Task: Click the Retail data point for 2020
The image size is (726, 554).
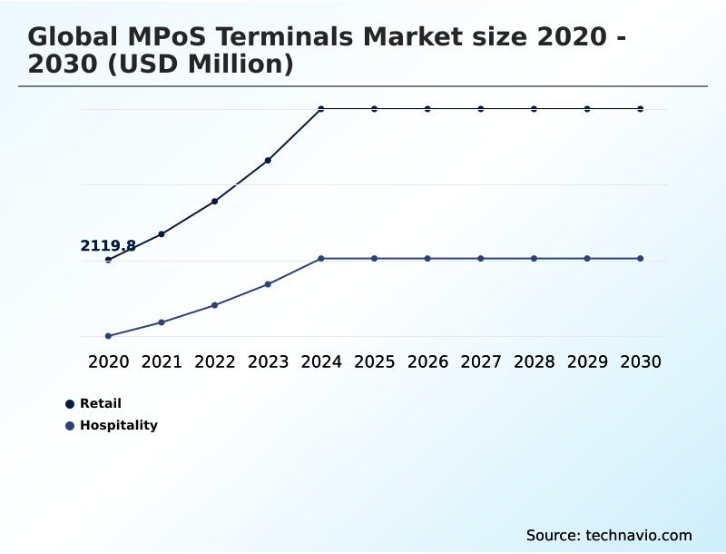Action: tap(109, 260)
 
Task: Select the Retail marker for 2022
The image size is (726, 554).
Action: tap(215, 201)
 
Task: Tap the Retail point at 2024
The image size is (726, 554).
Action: tap(321, 109)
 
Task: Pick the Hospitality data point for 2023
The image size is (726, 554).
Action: tap(268, 284)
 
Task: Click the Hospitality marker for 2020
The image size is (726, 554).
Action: tap(109, 336)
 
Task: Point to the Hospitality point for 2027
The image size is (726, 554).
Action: tap(481, 259)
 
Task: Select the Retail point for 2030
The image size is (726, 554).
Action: tap(641, 109)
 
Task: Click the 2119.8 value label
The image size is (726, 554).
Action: tap(108, 246)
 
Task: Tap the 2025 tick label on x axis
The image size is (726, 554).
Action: tap(374, 362)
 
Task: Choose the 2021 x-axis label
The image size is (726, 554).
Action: tap(162, 362)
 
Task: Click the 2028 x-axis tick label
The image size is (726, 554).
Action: tap(534, 362)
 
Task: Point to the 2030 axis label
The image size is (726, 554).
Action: tap(641, 362)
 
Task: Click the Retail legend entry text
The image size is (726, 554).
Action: tap(100, 404)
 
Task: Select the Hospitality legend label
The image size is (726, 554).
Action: tap(118, 426)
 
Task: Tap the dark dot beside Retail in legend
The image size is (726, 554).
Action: tap(70, 404)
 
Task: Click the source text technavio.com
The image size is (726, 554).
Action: tap(639, 535)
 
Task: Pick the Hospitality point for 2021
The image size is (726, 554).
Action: tap(162, 322)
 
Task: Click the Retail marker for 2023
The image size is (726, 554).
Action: tap(268, 161)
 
